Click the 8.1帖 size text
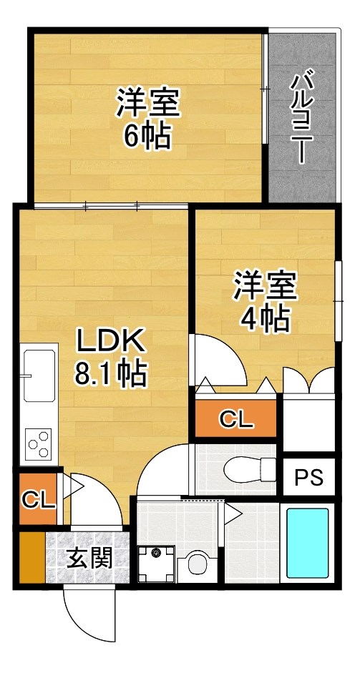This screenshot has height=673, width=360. pyautogui.click(x=111, y=373)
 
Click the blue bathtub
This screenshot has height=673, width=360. pyautogui.click(x=308, y=543)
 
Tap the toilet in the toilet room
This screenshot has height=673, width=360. pyautogui.click(x=247, y=470)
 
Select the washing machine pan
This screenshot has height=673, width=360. pyautogui.click(x=155, y=564)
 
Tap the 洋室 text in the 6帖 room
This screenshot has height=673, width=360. pyautogui.click(x=148, y=104)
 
